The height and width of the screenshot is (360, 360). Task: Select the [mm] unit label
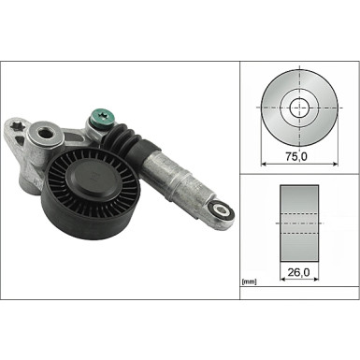pyautogui.click(x=250, y=281)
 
